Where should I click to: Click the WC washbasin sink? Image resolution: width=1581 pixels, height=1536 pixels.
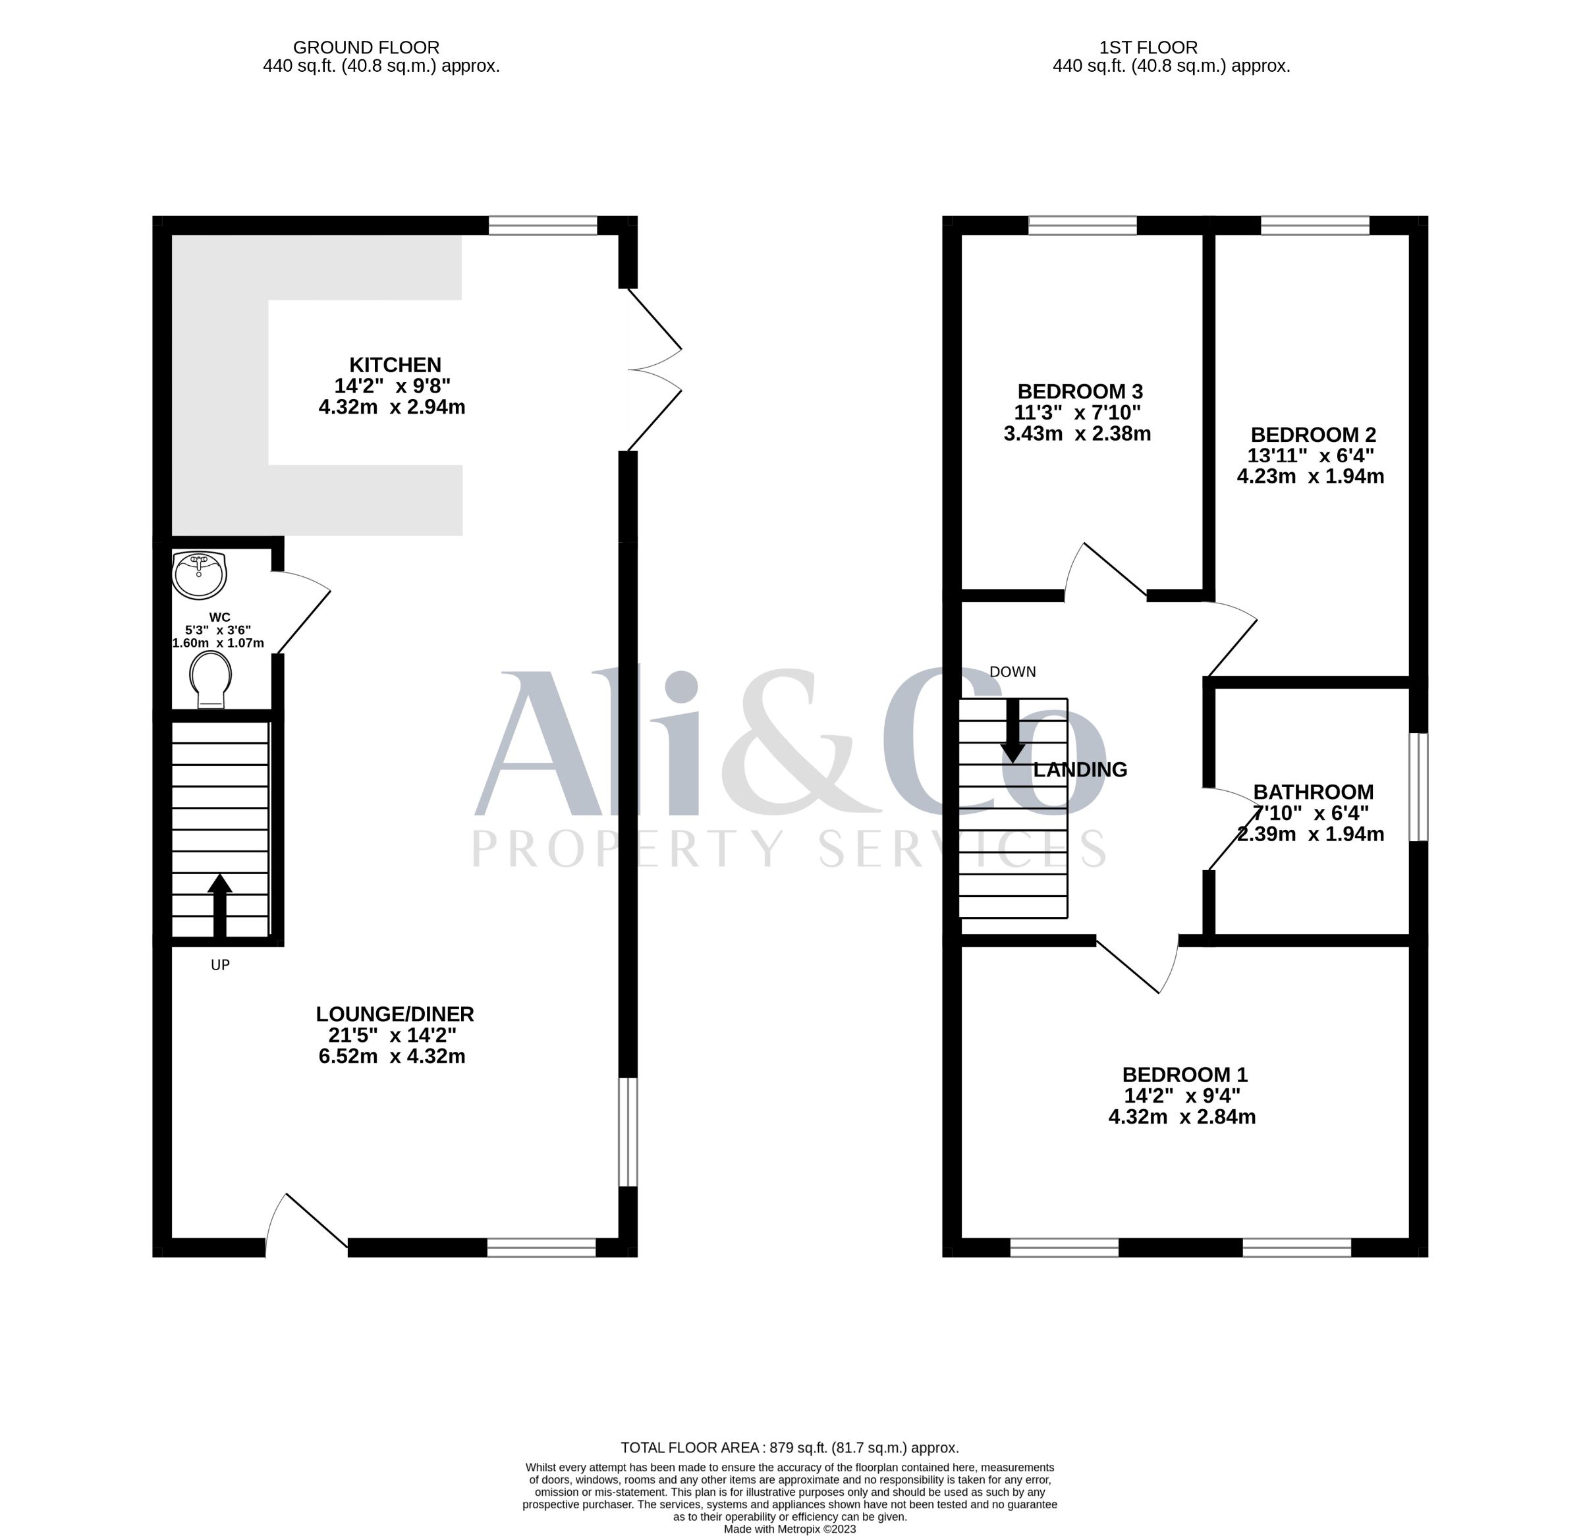tap(199, 575)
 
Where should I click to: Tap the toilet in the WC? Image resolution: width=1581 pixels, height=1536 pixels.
tap(211, 680)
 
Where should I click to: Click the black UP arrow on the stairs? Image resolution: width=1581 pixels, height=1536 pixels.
tap(219, 905)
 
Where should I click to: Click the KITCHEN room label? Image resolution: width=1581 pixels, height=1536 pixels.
tap(395, 365)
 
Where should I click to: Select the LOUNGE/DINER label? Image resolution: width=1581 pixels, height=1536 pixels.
tap(395, 1014)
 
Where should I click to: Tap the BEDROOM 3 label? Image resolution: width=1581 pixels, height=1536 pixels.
tap(1080, 391)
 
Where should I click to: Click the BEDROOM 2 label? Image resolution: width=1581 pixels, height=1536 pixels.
tap(1313, 434)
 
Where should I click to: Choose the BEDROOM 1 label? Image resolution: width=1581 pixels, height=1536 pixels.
tap(1185, 1074)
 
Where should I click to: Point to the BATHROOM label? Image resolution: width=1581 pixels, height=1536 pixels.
tap(1313, 792)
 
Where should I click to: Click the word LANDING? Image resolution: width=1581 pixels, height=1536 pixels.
tap(1080, 769)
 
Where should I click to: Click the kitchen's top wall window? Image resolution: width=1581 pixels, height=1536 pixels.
tap(543, 225)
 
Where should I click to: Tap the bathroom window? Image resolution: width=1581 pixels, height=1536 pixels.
tap(1419, 787)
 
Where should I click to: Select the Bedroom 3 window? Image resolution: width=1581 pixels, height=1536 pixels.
tap(1082, 225)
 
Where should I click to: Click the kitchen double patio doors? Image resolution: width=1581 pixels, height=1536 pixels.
tap(654, 370)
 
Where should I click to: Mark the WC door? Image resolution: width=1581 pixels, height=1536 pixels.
tap(302, 611)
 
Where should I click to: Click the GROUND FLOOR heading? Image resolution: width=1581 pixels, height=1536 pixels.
tap(366, 47)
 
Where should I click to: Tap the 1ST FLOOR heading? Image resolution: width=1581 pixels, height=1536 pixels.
tap(1171, 47)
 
